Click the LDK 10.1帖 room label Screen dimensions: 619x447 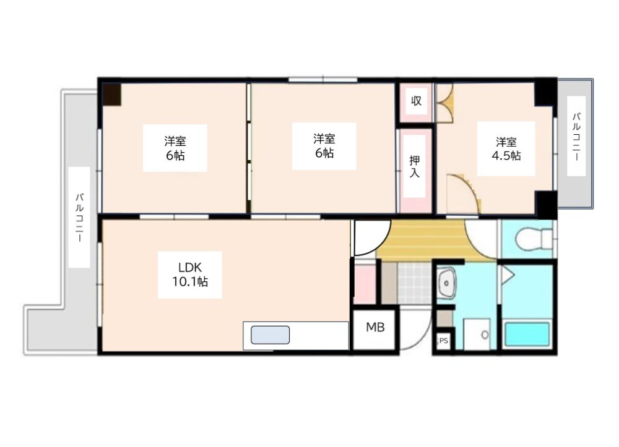190,275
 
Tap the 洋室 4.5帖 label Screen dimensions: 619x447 506,148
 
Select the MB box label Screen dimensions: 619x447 375,327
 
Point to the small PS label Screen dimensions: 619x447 444,341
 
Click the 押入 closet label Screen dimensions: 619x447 415,166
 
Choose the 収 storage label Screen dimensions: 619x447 416,101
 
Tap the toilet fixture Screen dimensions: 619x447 534,239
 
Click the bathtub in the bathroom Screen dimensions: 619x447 527,334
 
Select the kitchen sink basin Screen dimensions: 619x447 271,335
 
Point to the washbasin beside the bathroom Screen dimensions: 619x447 447,283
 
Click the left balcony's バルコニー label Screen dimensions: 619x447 79,217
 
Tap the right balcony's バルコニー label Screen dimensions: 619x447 576,137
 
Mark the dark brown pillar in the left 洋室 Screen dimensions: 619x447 112,95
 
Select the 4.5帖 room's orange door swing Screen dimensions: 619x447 468,185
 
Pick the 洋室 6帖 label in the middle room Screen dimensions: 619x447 324,146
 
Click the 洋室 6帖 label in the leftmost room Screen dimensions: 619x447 175,148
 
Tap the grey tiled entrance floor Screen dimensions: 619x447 414,283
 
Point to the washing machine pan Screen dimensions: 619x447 477,334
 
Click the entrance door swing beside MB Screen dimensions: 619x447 422,335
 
